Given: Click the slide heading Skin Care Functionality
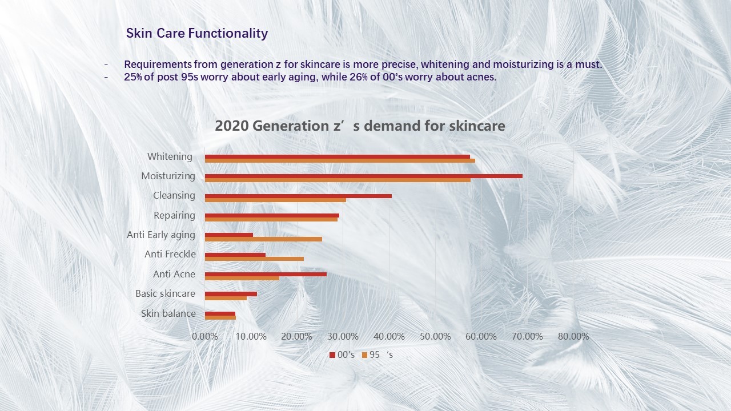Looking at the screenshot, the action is click(x=197, y=33).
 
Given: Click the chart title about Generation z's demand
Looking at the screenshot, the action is click(x=360, y=126).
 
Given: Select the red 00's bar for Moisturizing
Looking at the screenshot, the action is click(x=364, y=176).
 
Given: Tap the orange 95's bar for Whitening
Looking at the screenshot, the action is click(x=340, y=160).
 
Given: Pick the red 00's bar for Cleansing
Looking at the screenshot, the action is click(x=298, y=196).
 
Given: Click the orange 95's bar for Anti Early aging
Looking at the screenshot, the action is click(x=263, y=239).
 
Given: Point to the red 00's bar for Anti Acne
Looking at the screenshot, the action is click(x=266, y=275).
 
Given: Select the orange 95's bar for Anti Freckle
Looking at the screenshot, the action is click(x=254, y=259).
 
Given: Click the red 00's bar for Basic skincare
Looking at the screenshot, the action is click(x=231, y=294).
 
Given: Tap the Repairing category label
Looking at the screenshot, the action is click(x=174, y=216).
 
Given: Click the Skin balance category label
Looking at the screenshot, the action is click(x=168, y=313).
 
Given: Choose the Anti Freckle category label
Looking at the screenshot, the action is click(x=170, y=254).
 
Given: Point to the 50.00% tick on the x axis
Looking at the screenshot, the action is click(x=435, y=336).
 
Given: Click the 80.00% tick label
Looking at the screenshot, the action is click(x=573, y=336).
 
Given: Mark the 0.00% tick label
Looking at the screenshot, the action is click(x=205, y=336).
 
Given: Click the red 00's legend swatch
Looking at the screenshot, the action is click(x=332, y=355).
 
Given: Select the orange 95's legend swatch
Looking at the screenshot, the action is click(x=364, y=355).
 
